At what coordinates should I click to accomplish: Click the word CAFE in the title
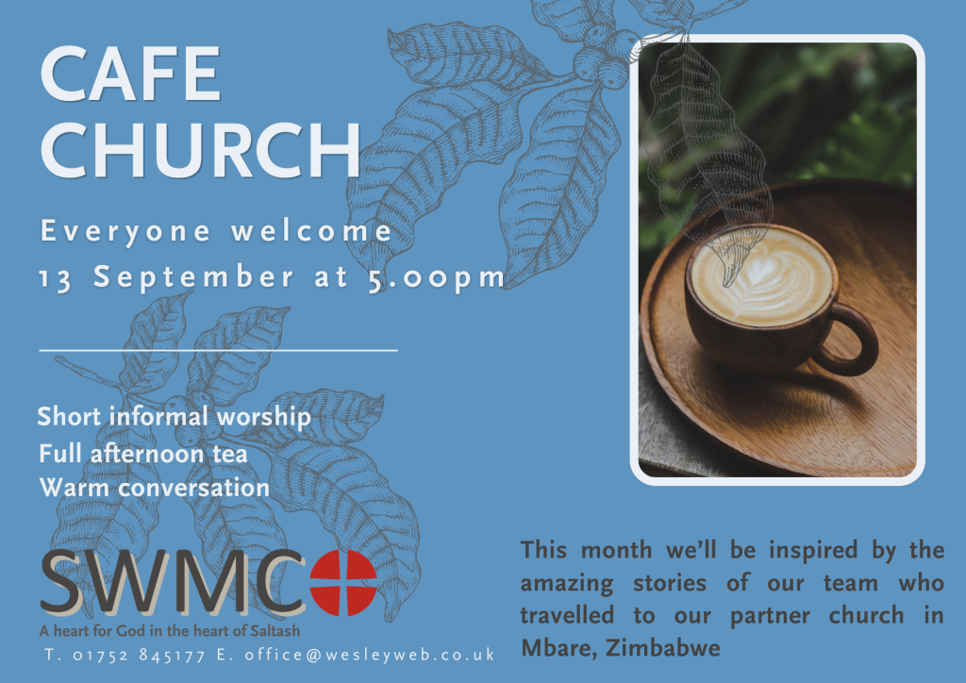pos(130,74)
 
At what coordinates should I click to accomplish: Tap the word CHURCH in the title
pos(200,150)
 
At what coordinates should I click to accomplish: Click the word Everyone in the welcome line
pos(125,232)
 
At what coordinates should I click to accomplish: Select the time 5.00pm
pos(436,277)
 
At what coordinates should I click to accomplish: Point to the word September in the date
pos(193,277)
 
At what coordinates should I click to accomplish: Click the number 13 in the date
pos(56,278)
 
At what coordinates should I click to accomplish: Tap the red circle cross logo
pos(343,583)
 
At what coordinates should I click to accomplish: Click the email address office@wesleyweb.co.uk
pos(370,654)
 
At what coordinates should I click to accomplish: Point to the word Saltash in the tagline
pos(275,631)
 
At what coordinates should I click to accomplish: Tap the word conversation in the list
pos(194,489)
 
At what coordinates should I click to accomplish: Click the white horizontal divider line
pos(219,350)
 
